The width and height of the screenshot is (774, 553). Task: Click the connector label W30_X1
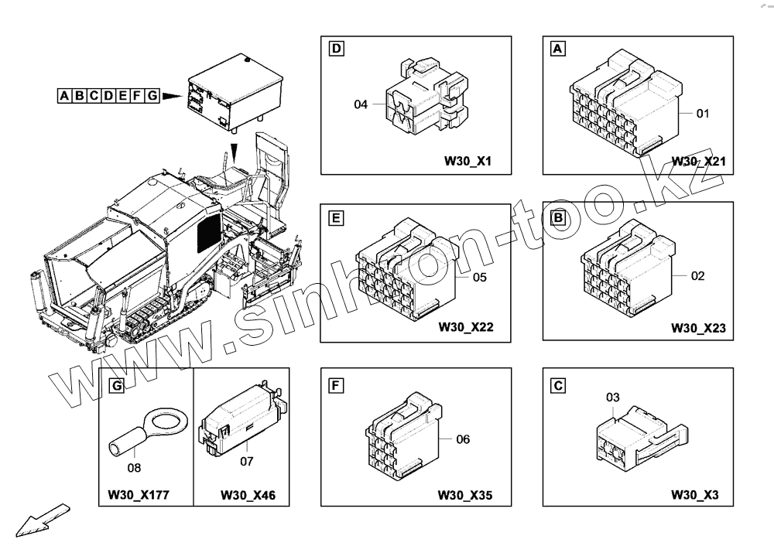tap(468, 162)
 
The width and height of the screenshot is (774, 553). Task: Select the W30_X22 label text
tap(466, 327)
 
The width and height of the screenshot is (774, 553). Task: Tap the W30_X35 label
tap(466, 494)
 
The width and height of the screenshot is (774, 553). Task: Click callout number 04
tap(360, 104)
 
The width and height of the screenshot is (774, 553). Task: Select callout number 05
tap(479, 277)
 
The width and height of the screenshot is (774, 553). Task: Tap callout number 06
tap(463, 439)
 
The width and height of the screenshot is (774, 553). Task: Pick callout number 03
tap(612, 398)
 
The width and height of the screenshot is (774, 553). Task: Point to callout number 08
tap(135, 467)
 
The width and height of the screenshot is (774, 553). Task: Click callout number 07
tap(247, 462)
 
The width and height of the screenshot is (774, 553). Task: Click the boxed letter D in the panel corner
tap(336, 49)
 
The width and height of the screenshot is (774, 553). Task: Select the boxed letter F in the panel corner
tap(336, 384)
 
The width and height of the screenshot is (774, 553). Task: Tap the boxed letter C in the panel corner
tap(557, 384)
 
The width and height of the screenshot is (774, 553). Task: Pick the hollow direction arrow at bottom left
tap(43, 519)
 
